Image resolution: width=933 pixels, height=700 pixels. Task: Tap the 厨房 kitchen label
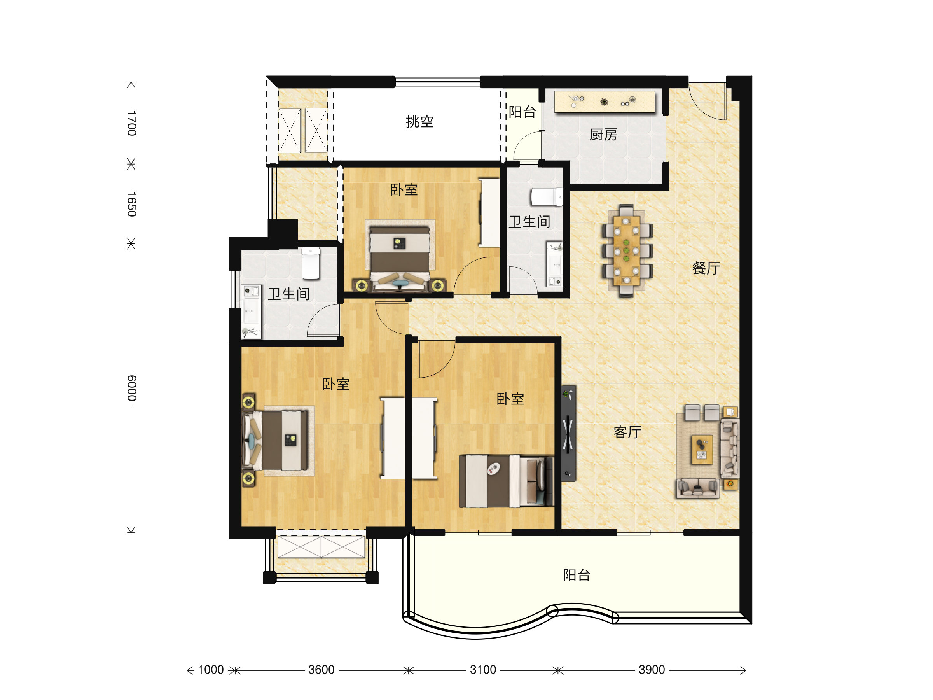pyautogui.click(x=603, y=135)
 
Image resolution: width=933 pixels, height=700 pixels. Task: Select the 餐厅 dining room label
pyautogui.click(x=706, y=268)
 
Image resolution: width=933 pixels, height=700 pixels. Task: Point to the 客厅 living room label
pyautogui.click(x=627, y=432)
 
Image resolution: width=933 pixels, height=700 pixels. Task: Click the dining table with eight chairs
pyautogui.click(x=626, y=250)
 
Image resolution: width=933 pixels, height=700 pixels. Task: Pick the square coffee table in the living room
pyautogui.click(x=701, y=450)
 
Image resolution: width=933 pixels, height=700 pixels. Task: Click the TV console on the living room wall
pyautogui.click(x=568, y=433)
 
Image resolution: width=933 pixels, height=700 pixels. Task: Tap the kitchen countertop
pyautogui.click(x=605, y=101)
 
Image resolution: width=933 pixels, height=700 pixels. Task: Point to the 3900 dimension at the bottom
pyautogui.click(x=652, y=670)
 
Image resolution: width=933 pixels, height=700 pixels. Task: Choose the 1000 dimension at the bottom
pyautogui.click(x=210, y=670)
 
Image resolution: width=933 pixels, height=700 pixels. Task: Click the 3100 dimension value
pyautogui.click(x=483, y=670)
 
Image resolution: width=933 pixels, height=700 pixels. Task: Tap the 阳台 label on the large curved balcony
pyautogui.click(x=577, y=575)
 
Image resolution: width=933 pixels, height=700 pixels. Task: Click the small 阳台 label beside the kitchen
pyautogui.click(x=522, y=112)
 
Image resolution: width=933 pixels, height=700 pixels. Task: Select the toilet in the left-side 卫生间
pyautogui.click(x=311, y=263)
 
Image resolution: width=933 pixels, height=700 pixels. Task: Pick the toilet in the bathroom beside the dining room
pyautogui.click(x=547, y=197)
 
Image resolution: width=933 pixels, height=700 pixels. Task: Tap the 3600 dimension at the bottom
pyautogui.click(x=321, y=670)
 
